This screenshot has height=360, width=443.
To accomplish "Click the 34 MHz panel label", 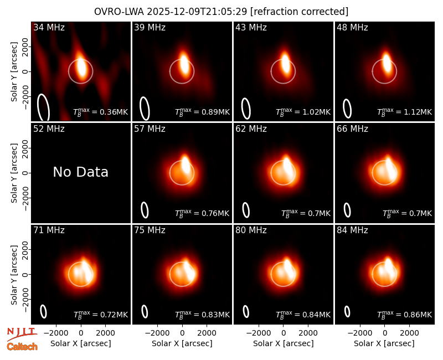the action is [49, 27].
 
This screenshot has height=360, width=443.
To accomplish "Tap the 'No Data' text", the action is [80, 172].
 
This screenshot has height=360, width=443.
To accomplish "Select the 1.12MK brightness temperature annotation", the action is [404, 112].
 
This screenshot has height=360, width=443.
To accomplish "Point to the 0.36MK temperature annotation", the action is [101, 112].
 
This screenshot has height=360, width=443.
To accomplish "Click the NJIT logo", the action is [22, 334].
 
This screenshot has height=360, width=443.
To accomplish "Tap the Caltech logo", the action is [22, 347].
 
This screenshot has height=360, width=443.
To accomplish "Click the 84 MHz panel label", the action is [352, 230].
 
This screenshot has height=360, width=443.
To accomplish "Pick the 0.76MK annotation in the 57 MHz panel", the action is [202, 213].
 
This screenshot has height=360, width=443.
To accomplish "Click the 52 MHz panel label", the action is [49, 129].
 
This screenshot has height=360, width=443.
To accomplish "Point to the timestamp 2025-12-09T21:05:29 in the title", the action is [197, 12].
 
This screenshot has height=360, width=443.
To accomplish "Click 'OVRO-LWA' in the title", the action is [119, 12].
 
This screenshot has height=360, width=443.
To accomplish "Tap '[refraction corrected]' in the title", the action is [299, 12].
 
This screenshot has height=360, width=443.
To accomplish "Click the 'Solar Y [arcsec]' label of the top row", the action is [14, 72].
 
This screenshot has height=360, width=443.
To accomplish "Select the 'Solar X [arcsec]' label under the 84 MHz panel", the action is [384, 343].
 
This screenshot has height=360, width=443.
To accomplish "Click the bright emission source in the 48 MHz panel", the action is [387, 62].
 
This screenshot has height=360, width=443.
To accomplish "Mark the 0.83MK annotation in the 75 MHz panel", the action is [202, 315].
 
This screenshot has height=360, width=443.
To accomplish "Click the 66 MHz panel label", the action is [352, 129].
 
